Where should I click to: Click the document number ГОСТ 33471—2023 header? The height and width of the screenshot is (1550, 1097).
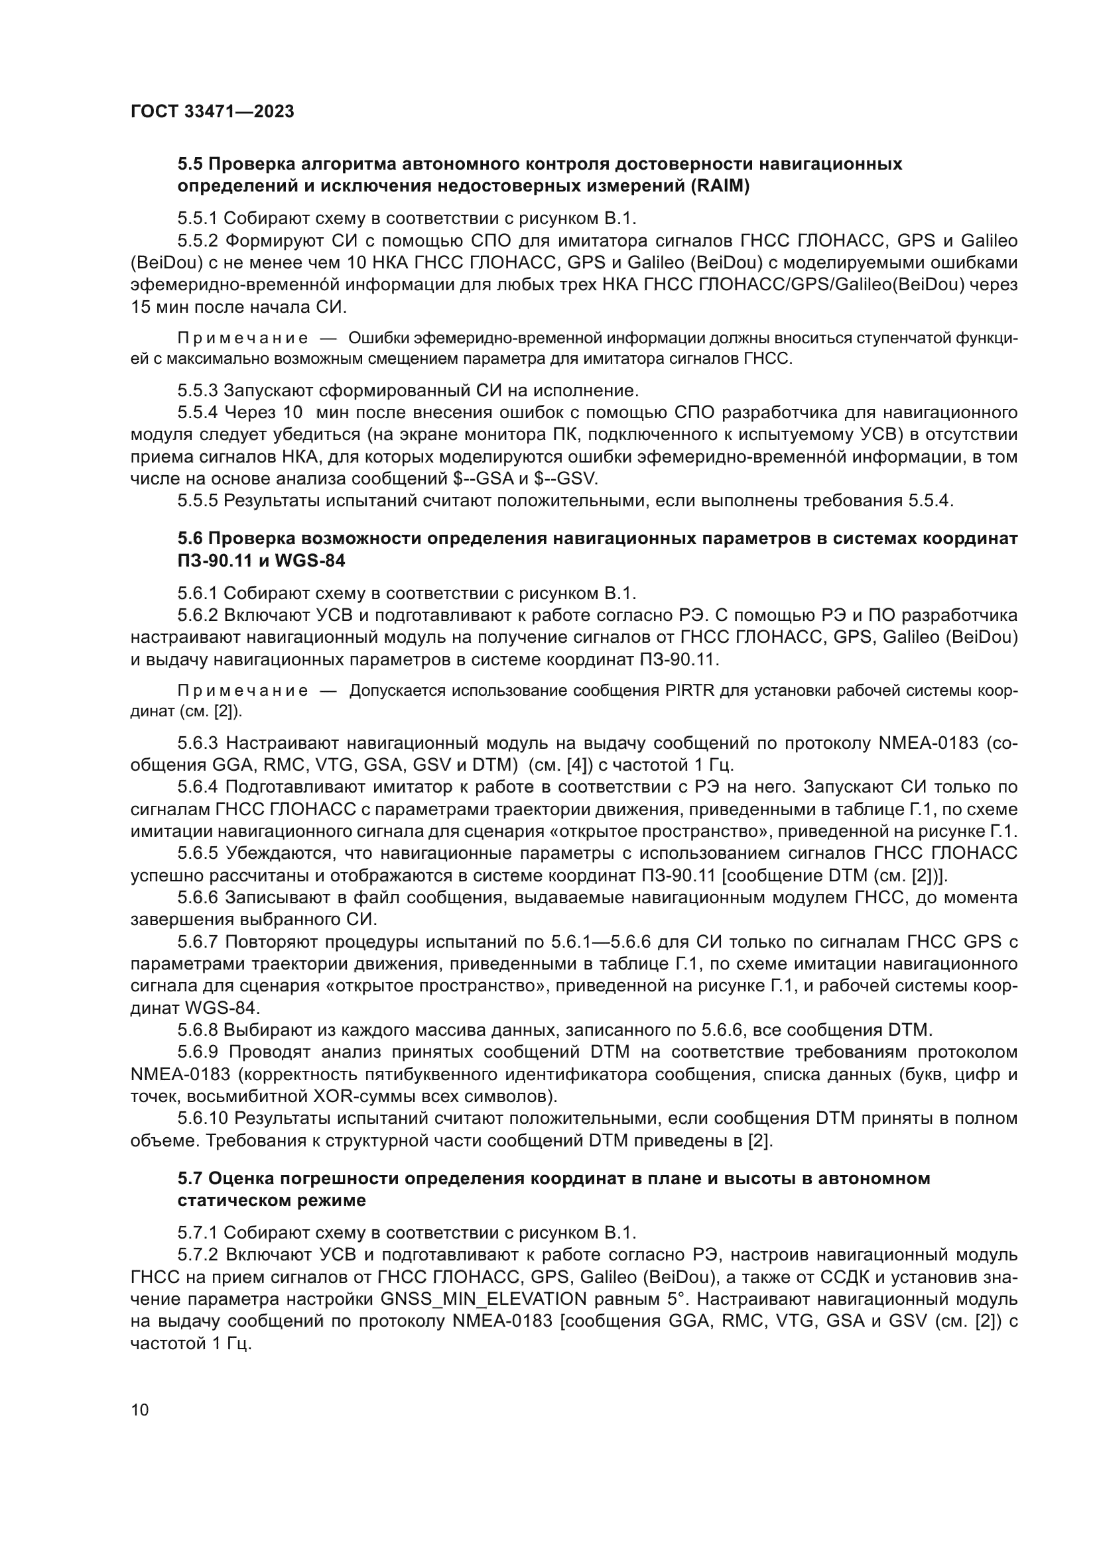pos(212,112)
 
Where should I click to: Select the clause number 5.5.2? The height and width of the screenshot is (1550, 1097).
pos(198,241)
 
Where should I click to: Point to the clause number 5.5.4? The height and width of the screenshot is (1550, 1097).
pos(198,413)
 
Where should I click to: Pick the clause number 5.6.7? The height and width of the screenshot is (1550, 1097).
pos(198,942)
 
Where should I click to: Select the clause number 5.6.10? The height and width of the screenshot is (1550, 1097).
pos(202,1118)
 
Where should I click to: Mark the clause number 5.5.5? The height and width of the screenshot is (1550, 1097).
pos(198,501)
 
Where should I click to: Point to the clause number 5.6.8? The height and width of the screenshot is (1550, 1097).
pos(198,1030)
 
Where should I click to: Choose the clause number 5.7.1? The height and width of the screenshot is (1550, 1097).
pos(198,1233)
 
